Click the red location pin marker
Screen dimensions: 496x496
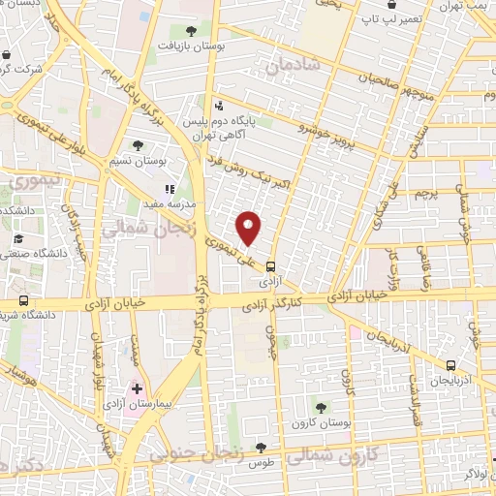pos(250,229)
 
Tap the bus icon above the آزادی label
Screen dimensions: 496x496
pos(270,264)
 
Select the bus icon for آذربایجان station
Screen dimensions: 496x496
pos(450,365)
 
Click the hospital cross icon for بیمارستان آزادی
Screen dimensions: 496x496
pos(137,388)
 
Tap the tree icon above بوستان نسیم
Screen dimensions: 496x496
pos(139,145)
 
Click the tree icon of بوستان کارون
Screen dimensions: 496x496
pos(321,407)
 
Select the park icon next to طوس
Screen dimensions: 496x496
pos(260,448)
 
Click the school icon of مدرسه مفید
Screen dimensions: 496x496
pos(170,189)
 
